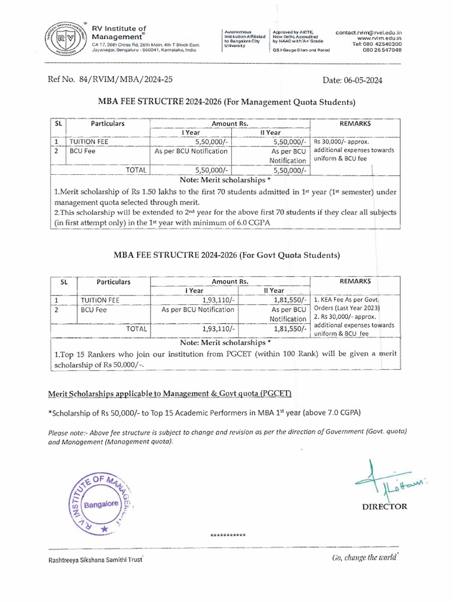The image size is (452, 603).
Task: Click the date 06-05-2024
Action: coord(353,81)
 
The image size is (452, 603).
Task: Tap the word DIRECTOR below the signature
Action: coord(384,506)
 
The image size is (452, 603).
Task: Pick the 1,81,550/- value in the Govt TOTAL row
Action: coord(290,329)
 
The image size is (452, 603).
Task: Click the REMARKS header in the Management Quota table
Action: coord(355,124)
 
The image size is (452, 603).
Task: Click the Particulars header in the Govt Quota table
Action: coord(113,281)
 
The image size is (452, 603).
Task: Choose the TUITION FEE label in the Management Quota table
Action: coord(89,142)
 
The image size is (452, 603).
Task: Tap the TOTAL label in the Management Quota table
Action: coord(136,170)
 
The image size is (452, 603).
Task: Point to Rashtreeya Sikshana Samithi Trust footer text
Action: coord(95,561)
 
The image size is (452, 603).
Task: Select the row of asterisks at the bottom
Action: coord(228,535)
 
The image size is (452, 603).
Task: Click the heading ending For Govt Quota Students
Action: coord(227,255)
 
